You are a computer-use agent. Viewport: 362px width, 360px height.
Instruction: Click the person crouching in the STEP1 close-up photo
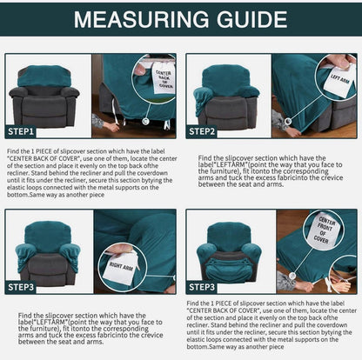click(108, 122)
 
